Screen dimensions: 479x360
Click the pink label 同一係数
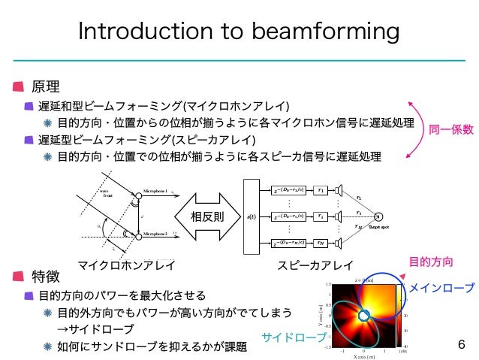[x=450, y=129]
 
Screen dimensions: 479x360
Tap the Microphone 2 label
[x=158, y=234]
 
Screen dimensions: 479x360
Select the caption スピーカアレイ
[x=315, y=264]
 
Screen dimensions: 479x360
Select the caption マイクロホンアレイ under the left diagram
[x=127, y=264]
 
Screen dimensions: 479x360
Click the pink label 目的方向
[x=430, y=262]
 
